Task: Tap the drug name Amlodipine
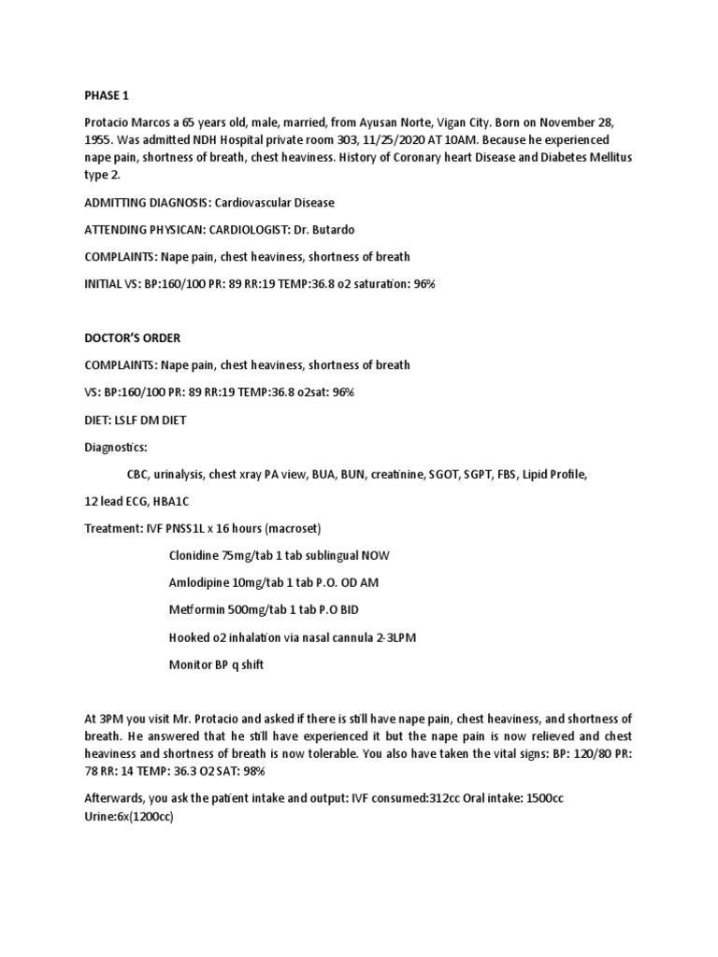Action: (202, 582)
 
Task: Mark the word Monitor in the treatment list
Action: (193, 664)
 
